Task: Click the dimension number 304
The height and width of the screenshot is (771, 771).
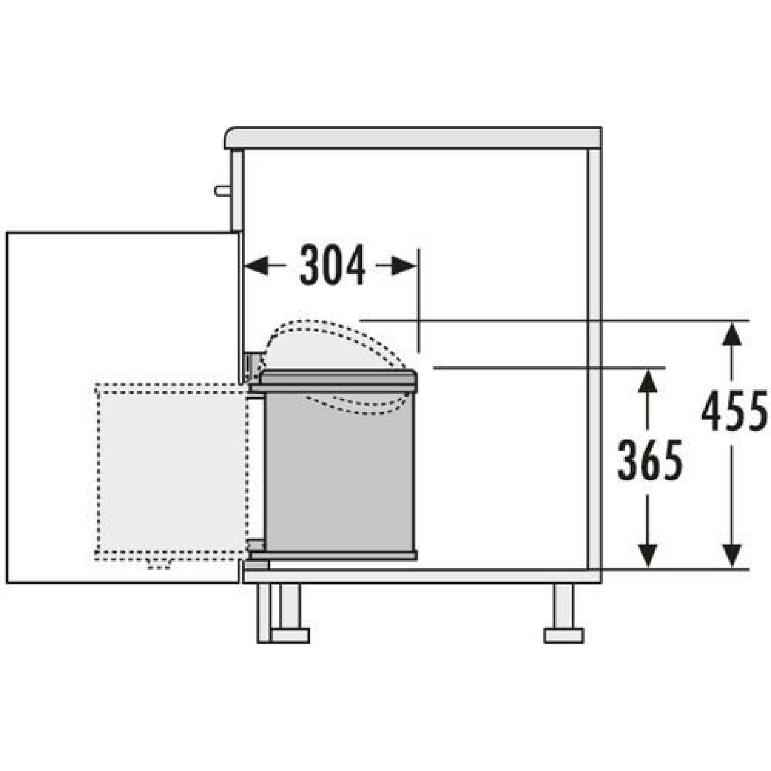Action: click(332, 266)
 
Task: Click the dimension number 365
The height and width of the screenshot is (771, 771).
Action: click(650, 461)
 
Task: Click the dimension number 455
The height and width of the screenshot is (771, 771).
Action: click(734, 411)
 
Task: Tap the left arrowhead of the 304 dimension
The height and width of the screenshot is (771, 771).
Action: click(257, 266)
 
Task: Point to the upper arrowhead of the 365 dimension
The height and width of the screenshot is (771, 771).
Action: click(649, 381)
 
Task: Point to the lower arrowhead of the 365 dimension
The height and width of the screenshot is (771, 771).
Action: click(649, 556)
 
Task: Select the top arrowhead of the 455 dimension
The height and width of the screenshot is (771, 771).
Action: click(732, 334)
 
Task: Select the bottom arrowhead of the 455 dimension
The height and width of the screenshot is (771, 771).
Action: click(732, 556)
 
